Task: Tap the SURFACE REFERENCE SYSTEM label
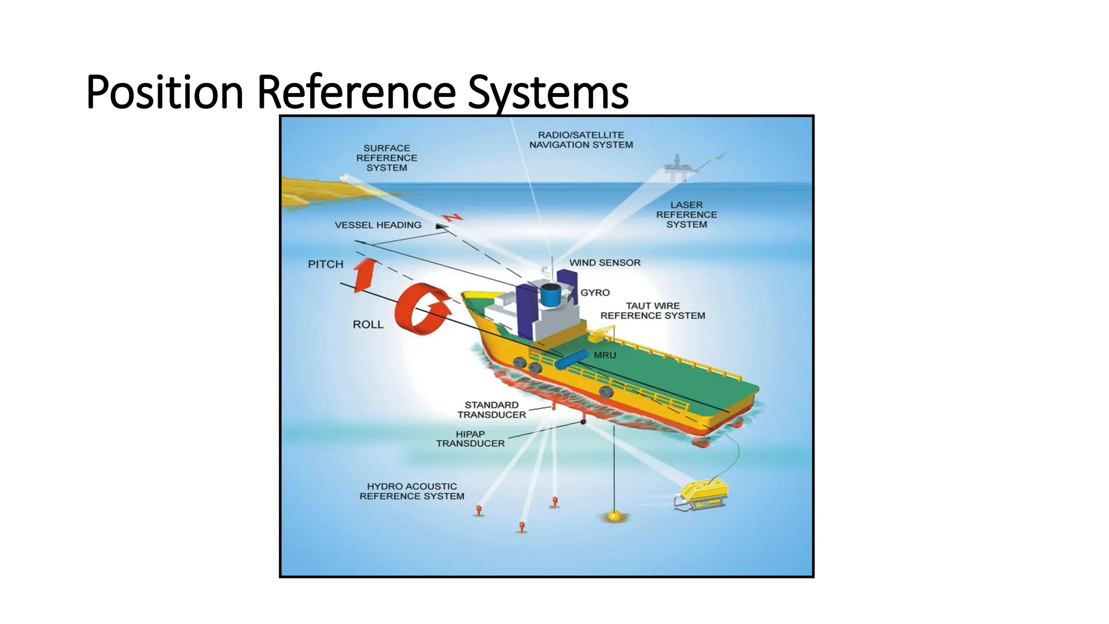(387, 158)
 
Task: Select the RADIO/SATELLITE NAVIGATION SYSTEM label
(581, 140)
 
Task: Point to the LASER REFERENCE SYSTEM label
(686, 214)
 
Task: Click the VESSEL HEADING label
(378, 225)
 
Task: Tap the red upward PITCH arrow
(366, 274)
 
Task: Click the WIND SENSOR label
(605, 263)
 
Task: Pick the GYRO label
(595, 292)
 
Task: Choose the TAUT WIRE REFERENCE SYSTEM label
(653, 311)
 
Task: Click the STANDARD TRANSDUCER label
(492, 409)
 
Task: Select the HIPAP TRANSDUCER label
(470, 439)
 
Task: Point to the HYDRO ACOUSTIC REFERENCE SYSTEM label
(412, 491)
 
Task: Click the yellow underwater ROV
(703, 494)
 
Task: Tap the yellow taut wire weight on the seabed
(614, 516)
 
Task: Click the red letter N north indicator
(453, 217)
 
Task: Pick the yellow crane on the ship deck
(603, 332)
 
